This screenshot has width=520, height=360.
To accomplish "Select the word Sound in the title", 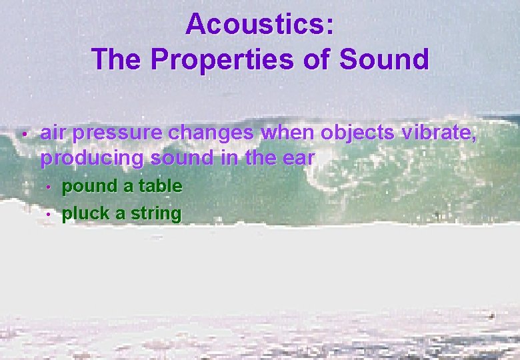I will click(384, 59).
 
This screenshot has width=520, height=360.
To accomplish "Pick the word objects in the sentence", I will click(357, 133).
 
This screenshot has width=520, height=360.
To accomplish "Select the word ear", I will click(299, 159).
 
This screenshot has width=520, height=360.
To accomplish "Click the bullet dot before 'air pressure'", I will click(23, 135).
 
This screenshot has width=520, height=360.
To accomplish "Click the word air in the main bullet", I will click(53, 133).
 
